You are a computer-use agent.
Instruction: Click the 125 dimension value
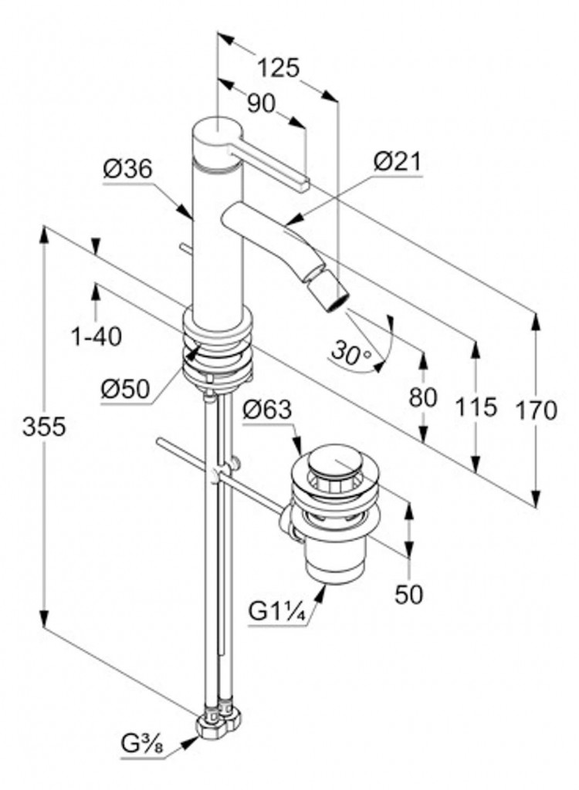(x=278, y=68)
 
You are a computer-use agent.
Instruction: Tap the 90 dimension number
(x=261, y=103)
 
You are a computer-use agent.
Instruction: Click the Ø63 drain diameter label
(x=266, y=410)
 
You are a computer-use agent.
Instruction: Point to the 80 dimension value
(x=423, y=397)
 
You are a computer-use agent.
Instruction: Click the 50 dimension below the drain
(x=409, y=595)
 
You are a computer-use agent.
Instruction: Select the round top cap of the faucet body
(x=216, y=131)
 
